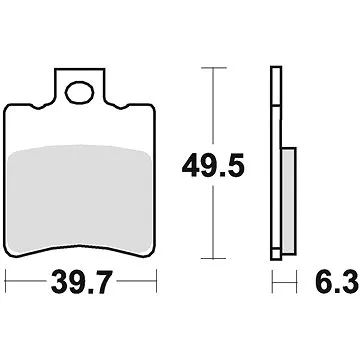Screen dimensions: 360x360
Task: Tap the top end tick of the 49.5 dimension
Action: coord(209,68)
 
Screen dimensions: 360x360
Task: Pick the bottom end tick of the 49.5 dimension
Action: coord(209,255)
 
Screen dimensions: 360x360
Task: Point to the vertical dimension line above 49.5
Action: coord(209,110)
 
